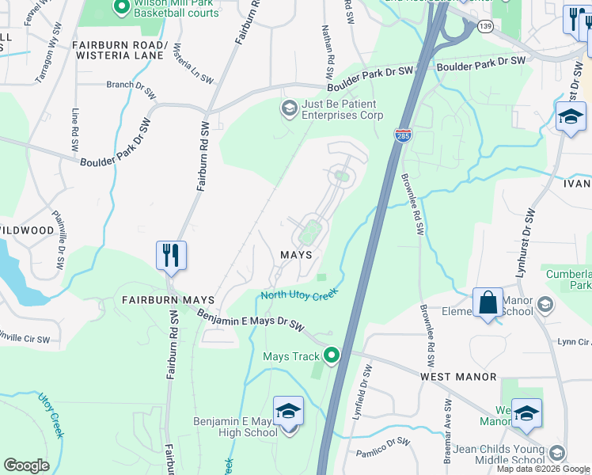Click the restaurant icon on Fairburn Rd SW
tap(171, 256)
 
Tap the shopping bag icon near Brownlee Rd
tap(488, 303)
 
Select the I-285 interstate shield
tap(403, 135)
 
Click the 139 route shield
tap(485, 26)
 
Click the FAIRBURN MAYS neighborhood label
tap(169, 300)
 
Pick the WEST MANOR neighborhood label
tap(458, 377)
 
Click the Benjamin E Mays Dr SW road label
tap(251, 320)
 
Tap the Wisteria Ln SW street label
tap(195, 64)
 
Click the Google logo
tap(26, 465)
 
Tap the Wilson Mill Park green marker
tap(121, 8)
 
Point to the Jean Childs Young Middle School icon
tap(557, 453)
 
